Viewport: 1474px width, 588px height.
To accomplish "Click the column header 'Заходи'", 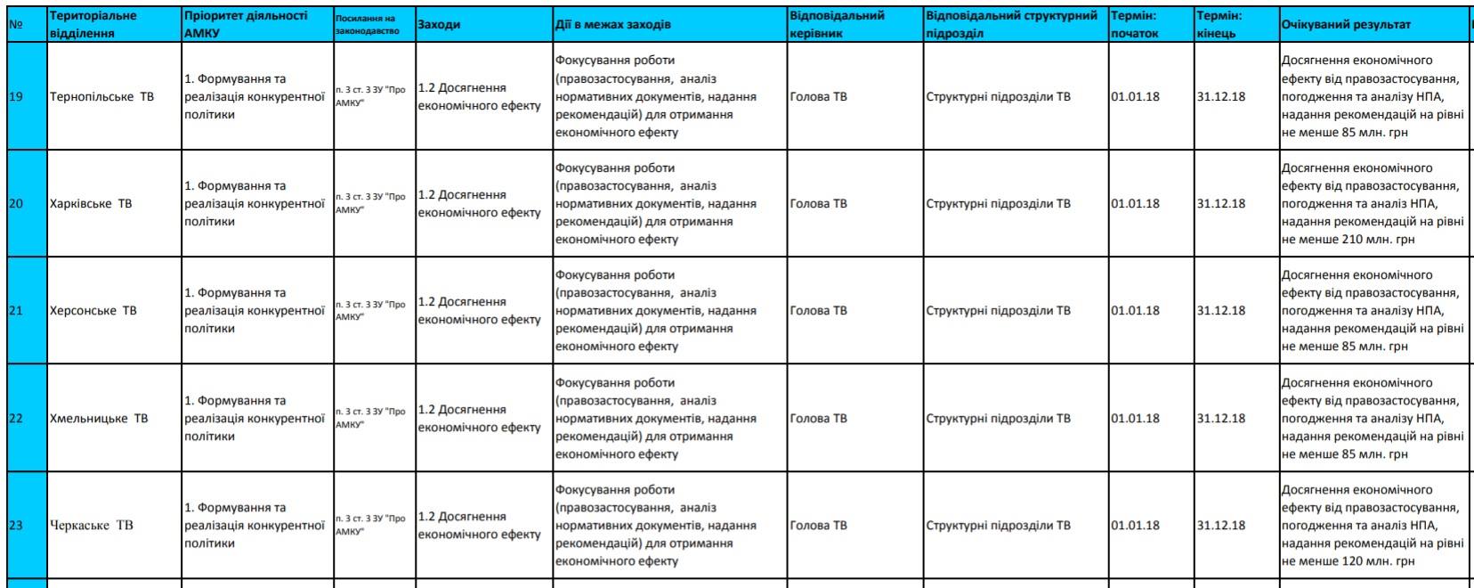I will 439,25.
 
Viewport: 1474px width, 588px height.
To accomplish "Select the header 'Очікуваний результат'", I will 1345,25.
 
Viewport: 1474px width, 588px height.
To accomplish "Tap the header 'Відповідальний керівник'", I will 837,25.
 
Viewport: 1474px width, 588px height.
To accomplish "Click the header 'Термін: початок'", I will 1135,25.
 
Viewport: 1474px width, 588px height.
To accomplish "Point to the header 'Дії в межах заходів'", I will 613,25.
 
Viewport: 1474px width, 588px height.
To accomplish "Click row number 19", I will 16,96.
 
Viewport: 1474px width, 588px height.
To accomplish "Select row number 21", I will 16,311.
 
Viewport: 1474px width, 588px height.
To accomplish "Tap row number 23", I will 16,526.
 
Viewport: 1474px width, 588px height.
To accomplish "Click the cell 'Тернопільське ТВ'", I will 102,96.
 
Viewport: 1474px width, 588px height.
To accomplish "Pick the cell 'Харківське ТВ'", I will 91,204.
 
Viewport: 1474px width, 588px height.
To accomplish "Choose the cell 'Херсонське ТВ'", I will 93,311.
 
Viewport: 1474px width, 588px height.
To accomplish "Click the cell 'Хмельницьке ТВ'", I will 99,419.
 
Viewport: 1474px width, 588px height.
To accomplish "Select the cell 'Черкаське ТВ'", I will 92,526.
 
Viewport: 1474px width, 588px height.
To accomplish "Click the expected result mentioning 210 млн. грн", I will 1372,204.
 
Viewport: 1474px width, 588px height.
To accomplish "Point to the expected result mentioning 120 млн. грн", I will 1372,526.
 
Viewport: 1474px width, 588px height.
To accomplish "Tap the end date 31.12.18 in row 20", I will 1221,204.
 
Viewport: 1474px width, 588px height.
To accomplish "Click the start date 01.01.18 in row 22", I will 1136,419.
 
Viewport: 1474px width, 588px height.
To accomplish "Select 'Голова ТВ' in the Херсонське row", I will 819,311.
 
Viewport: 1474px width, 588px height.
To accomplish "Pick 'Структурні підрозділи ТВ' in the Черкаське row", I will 998,526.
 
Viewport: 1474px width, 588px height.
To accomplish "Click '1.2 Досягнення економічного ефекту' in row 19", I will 479,96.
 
